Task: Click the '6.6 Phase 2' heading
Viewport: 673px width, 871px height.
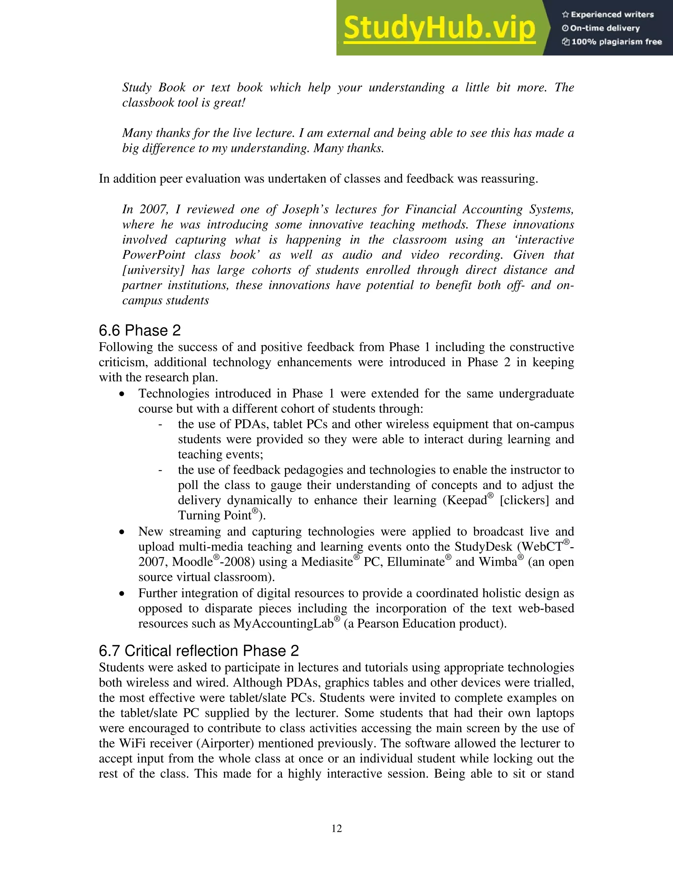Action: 140,331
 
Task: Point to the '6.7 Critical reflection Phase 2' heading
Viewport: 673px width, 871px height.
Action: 198,651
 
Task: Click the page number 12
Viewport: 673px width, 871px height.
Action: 336,829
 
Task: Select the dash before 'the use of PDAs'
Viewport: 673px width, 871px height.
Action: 160,424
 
